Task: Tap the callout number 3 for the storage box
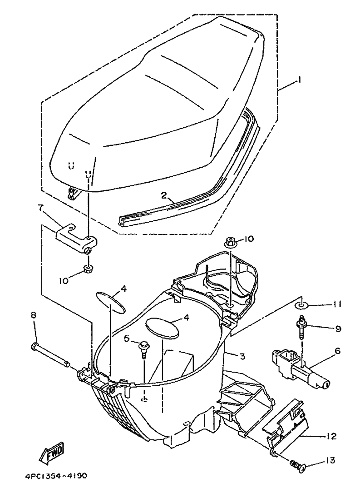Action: coord(243,356)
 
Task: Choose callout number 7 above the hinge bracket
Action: coord(40,208)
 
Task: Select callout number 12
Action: coord(331,437)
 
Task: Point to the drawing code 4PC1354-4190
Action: coord(54,476)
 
